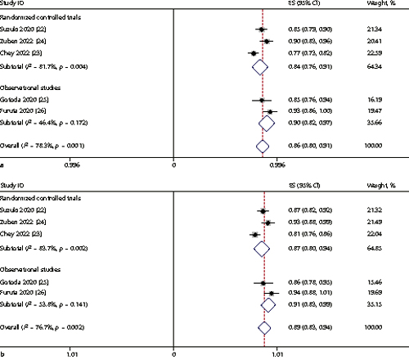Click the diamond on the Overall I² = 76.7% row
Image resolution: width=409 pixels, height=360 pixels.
pos(263,326)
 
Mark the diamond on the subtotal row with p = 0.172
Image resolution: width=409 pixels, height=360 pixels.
pos(266,123)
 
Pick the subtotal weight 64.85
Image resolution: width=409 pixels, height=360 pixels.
pos(375,245)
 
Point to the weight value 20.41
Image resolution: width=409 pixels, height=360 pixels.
pos(375,40)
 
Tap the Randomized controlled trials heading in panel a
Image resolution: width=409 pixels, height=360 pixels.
pos(40,14)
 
